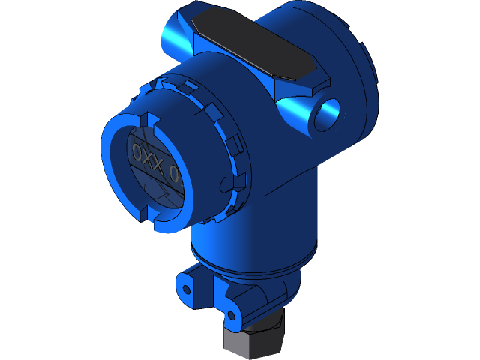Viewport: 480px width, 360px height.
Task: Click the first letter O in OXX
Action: (138, 153)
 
